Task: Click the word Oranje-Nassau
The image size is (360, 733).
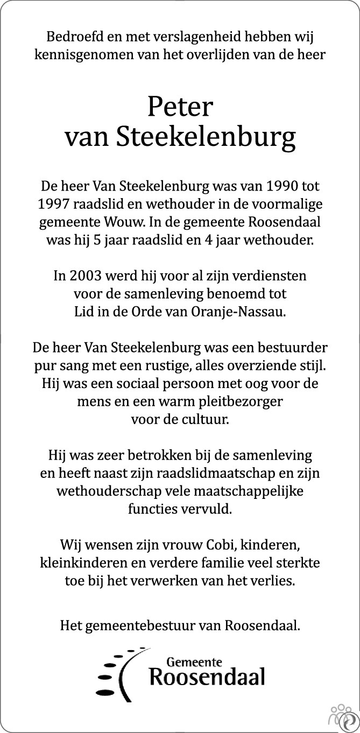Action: click(x=249, y=312)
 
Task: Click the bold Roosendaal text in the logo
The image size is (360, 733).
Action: click(x=207, y=677)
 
